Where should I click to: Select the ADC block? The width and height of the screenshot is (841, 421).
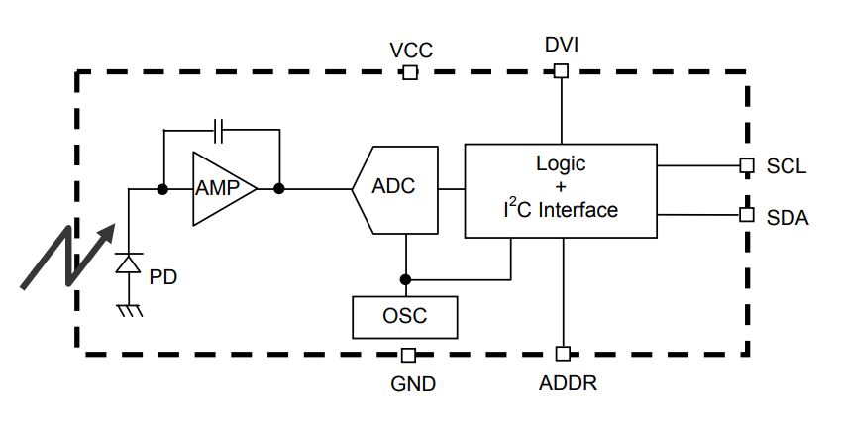(x=393, y=188)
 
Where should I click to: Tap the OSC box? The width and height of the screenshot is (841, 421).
(x=405, y=317)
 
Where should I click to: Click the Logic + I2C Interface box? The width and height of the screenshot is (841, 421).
(x=560, y=190)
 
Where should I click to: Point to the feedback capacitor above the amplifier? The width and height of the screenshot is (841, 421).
(x=221, y=129)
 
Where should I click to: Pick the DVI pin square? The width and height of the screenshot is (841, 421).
(x=561, y=70)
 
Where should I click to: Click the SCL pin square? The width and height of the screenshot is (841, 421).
(x=747, y=166)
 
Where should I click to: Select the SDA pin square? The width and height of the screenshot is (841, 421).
(x=747, y=213)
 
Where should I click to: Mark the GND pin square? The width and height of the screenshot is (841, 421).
(x=409, y=354)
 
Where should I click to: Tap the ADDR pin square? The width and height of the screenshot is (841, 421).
(x=562, y=354)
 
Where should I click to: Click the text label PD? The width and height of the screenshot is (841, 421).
(x=162, y=277)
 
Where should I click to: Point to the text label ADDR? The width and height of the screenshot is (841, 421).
(x=569, y=382)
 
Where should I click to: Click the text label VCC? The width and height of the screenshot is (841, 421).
(x=411, y=51)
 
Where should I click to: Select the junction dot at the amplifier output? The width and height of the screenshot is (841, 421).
(x=280, y=188)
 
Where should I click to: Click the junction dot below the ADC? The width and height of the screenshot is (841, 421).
(x=404, y=278)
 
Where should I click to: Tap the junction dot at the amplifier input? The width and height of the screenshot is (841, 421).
(x=160, y=188)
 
